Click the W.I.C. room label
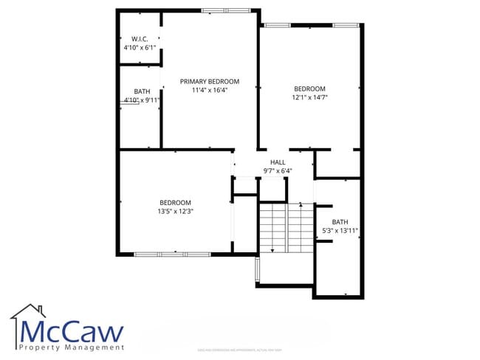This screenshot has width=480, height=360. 140,38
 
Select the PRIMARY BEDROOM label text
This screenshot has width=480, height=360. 210,81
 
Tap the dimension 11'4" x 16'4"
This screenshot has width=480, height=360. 210,90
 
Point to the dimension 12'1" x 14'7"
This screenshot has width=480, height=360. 309,97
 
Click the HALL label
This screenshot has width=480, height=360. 278,162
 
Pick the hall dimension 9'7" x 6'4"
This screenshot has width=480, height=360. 278,171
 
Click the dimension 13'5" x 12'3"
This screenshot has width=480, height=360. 175,212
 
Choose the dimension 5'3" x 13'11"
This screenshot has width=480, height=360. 340,231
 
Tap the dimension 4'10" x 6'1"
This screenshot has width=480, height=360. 140,47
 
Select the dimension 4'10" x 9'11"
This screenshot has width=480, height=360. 142,100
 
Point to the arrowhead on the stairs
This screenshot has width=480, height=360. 272,251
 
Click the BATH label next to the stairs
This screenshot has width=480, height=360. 340,222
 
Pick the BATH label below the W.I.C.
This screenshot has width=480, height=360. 142,91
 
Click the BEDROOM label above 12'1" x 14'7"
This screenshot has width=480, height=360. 309,88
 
